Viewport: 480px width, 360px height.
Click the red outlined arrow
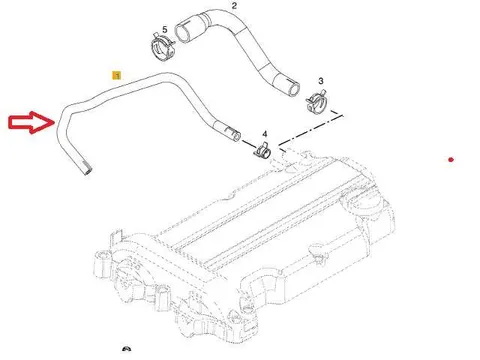pyautogui.click(x=32, y=122)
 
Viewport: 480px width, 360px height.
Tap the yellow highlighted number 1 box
pyautogui.click(x=117, y=76)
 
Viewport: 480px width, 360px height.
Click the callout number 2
pyautogui.click(x=234, y=6)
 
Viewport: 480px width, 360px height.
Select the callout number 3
pyautogui.click(x=321, y=81)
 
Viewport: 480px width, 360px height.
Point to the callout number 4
pyautogui.click(x=265, y=134)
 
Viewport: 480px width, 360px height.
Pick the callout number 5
pyautogui.click(x=165, y=30)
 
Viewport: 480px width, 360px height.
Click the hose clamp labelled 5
pyautogui.click(x=162, y=48)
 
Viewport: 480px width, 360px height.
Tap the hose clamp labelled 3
pyautogui.click(x=317, y=103)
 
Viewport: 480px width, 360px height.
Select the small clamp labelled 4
pyautogui.click(x=263, y=150)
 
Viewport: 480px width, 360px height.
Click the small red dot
pyautogui.click(x=451, y=160)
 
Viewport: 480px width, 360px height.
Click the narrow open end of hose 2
pyautogui.click(x=294, y=89)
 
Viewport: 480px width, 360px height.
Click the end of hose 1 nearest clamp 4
pyautogui.click(x=236, y=135)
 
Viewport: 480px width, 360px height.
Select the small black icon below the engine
pyautogui.click(x=126, y=348)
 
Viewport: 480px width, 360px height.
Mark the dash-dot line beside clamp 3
pyautogui.click(x=311, y=130)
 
